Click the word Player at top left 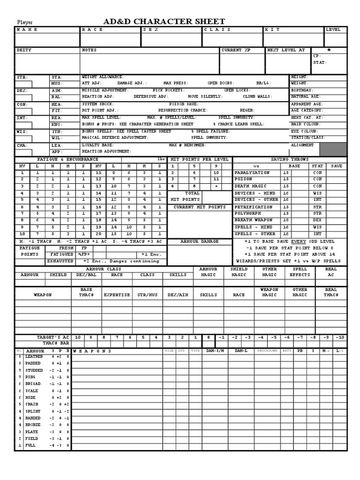click(26, 22)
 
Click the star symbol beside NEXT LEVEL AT click(329, 50)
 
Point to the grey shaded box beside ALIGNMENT click(333, 150)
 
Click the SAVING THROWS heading click(290, 159)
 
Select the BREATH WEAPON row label click(253, 220)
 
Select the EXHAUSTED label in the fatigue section click(60, 261)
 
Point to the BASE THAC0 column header click(86, 292)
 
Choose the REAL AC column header click(330, 272)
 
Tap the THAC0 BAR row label click(56, 343)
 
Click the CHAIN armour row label click(32, 404)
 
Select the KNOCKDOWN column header click(268, 351)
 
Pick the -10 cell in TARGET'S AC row click(340, 337)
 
